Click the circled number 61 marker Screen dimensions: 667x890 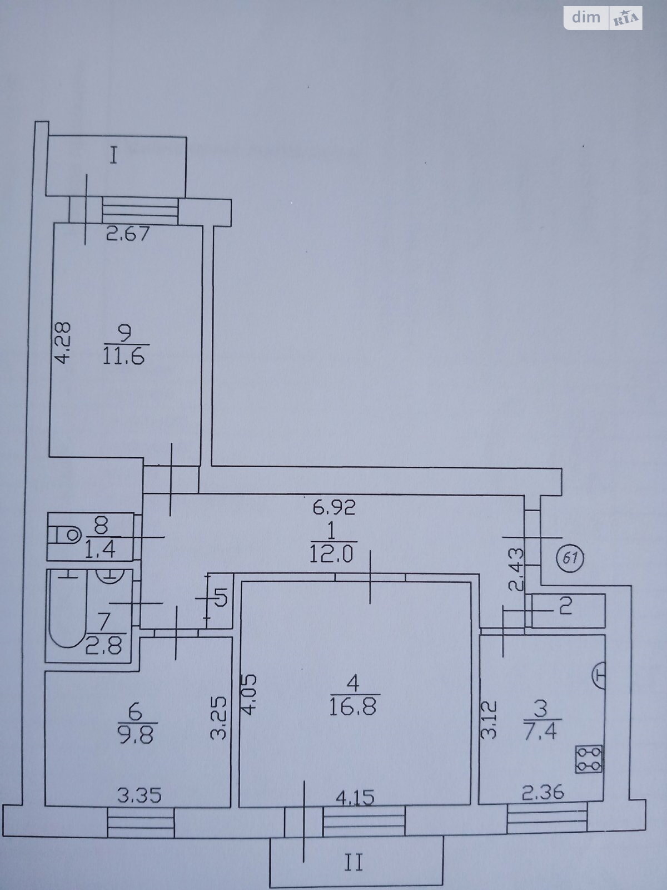pos(572,558)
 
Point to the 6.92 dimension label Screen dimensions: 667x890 pos(335,507)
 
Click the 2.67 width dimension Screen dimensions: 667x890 pos(128,234)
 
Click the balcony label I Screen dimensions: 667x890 pos(114,156)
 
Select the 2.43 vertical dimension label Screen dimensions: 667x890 pos(515,569)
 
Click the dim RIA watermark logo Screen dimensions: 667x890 pos(603,17)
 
